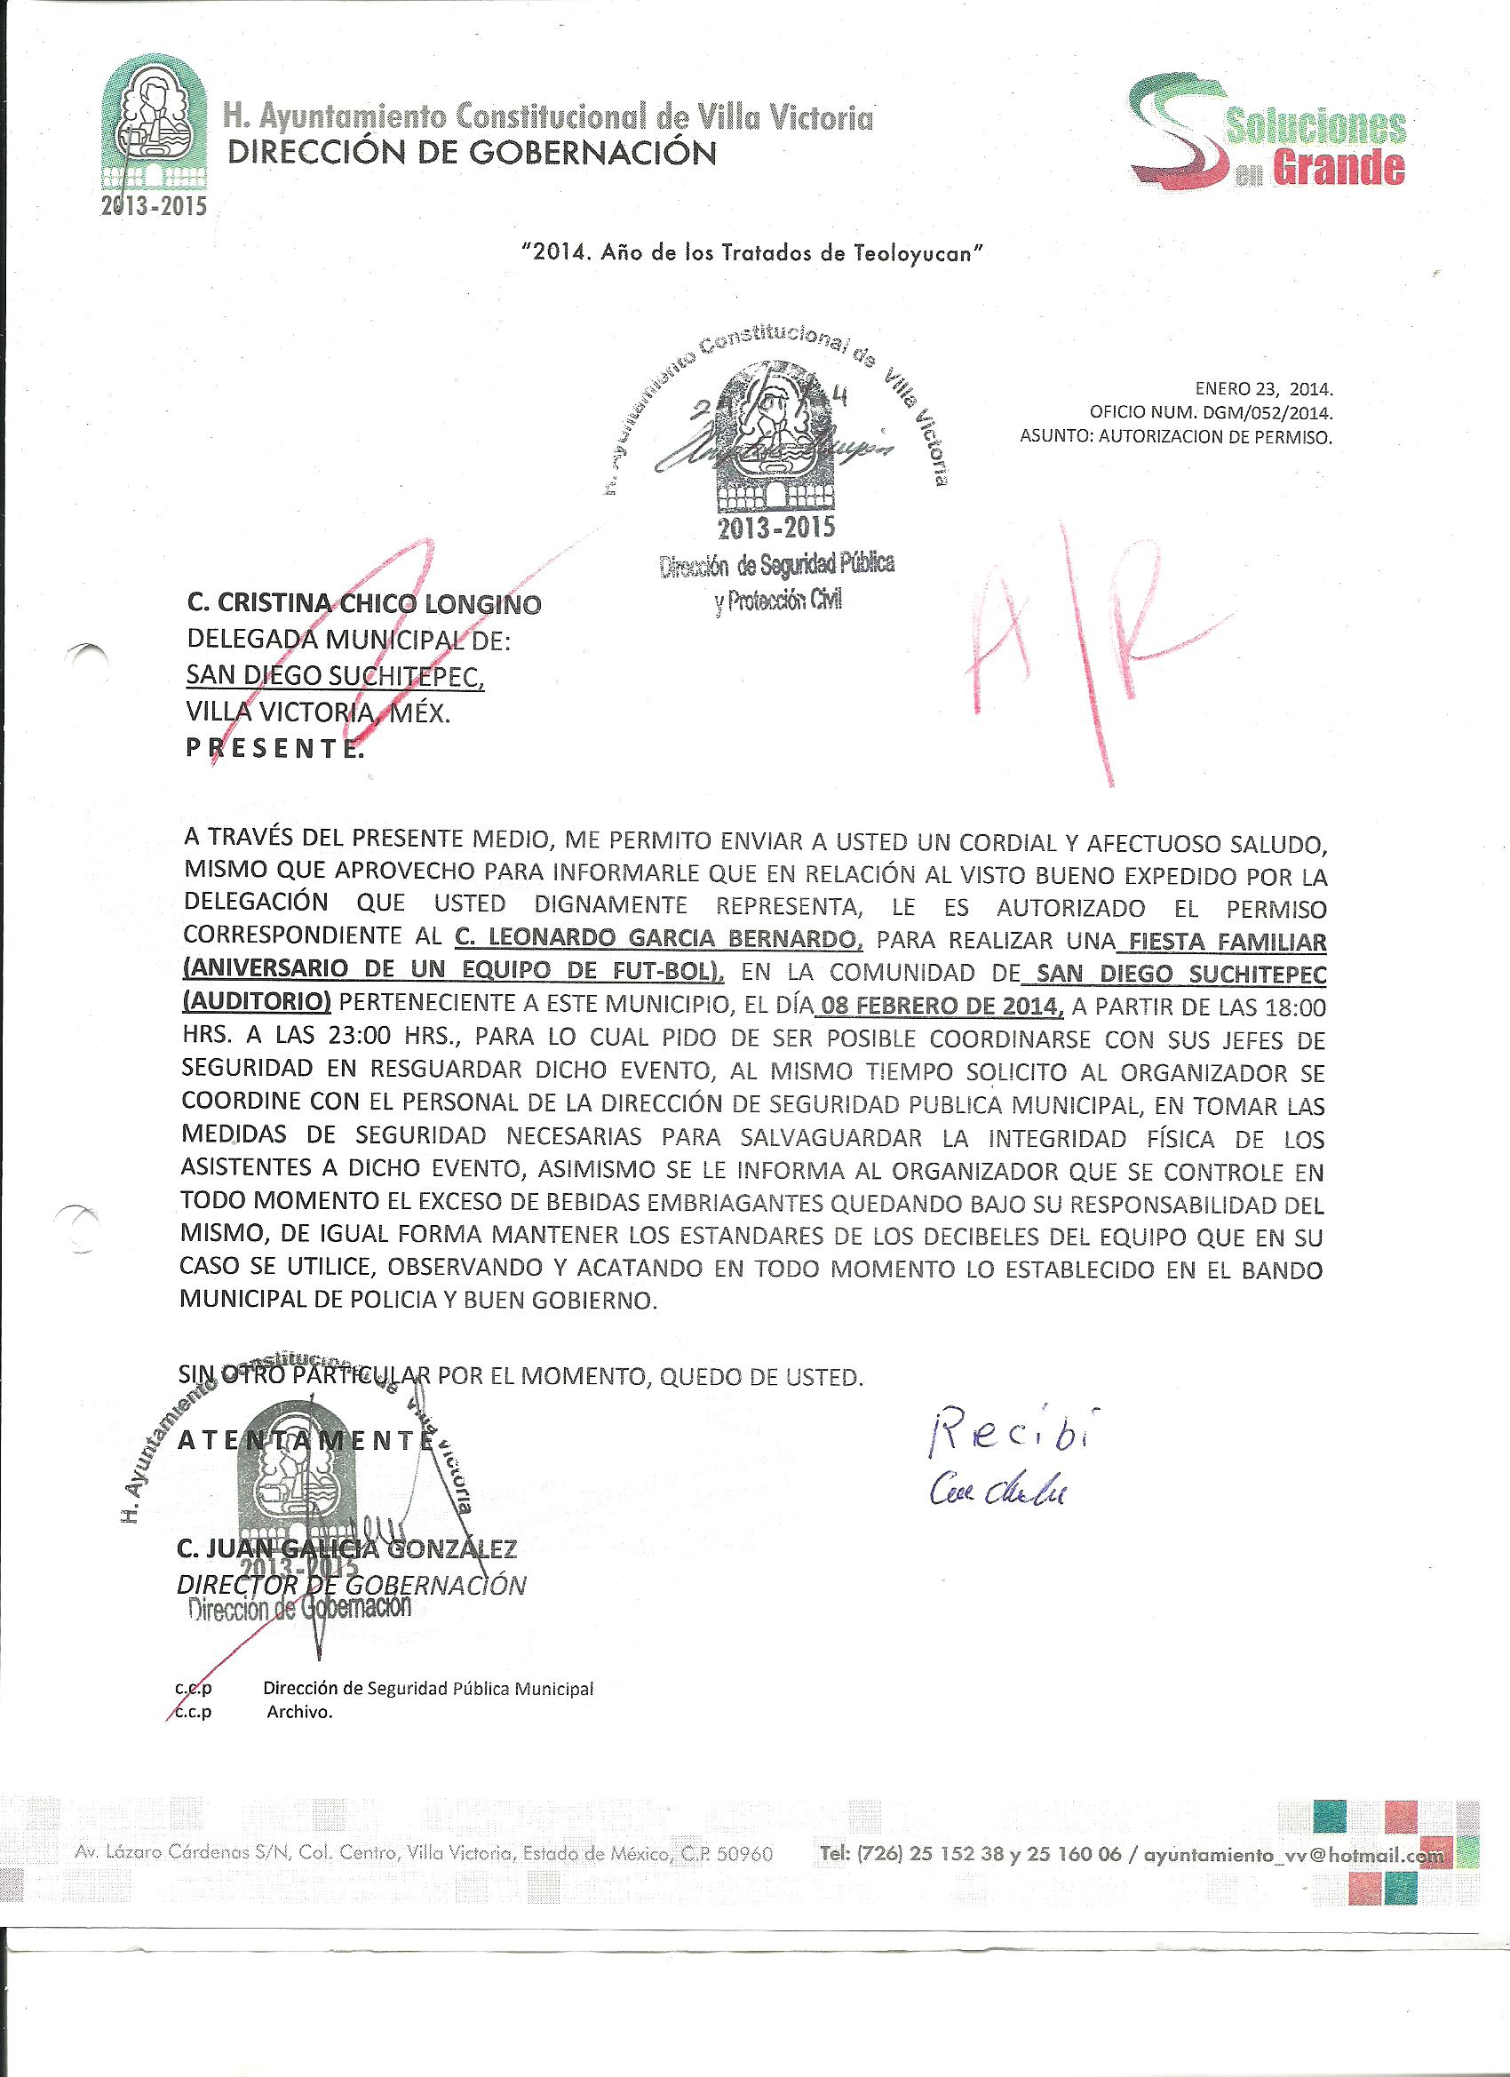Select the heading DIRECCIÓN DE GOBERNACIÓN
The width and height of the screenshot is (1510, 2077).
pyautogui.click(x=471, y=153)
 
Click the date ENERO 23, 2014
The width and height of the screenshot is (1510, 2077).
pyautogui.click(x=1264, y=388)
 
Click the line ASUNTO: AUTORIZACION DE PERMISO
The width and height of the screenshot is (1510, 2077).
pyautogui.click(x=1176, y=437)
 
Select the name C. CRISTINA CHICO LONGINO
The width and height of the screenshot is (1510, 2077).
pyautogui.click(x=363, y=604)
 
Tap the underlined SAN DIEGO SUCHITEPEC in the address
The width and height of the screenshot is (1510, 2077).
pyautogui.click(x=335, y=676)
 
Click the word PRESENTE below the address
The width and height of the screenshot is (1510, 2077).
pyautogui.click(x=274, y=748)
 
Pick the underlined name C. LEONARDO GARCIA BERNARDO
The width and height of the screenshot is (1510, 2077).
pyautogui.click(x=658, y=938)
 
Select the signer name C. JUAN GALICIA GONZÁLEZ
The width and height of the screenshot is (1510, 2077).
pyautogui.click(x=347, y=1548)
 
